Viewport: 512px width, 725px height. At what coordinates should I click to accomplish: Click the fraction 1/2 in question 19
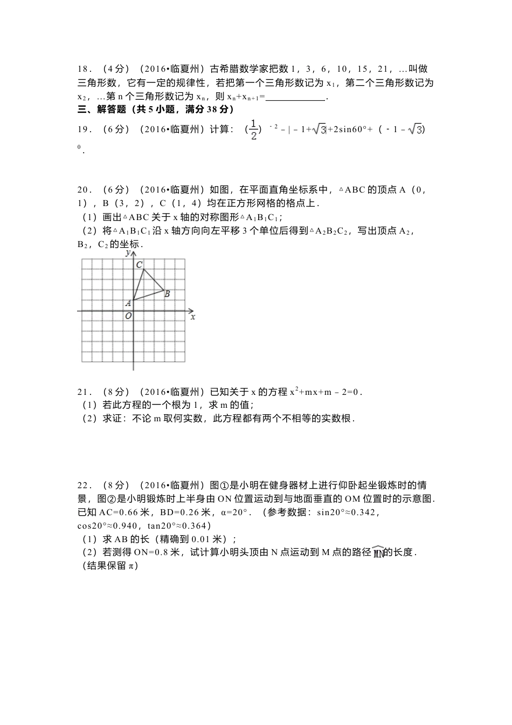[x=253, y=130]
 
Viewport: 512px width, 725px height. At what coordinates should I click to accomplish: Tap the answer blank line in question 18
[x=296, y=98]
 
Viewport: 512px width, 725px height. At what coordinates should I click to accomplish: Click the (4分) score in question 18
[x=116, y=69]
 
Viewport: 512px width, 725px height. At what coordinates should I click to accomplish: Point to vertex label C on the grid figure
[x=139, y=264]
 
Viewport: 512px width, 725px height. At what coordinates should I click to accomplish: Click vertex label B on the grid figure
[x=167, y=294]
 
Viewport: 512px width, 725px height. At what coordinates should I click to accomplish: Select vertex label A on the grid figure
[x=128, y=304]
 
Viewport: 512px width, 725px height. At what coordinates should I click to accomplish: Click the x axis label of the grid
[x=192, y=317]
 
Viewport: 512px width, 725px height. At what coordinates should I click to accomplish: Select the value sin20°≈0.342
[x=345, y=512]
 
